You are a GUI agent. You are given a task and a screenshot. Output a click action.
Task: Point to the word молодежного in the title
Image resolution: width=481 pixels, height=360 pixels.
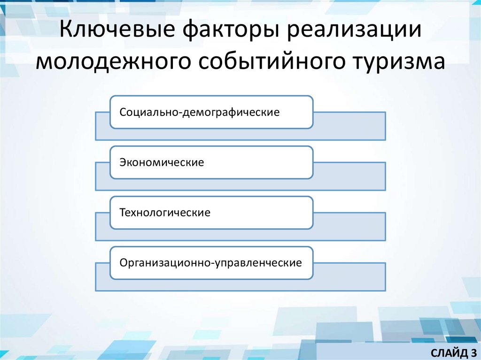point(114,63)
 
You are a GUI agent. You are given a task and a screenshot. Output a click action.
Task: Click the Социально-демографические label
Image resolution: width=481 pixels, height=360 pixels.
point(200,113)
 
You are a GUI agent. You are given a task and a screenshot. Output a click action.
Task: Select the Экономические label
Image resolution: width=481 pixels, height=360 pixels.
point(162,163)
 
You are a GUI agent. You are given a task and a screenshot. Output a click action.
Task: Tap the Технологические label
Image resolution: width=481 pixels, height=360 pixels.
point(165,213)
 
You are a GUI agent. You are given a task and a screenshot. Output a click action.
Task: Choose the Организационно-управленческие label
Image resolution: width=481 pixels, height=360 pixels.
point(210,263)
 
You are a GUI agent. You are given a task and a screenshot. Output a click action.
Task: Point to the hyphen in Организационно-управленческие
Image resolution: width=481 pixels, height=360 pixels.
point(213,264)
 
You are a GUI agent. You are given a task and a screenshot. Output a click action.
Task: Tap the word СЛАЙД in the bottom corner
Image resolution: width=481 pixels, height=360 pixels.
point(445,352)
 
